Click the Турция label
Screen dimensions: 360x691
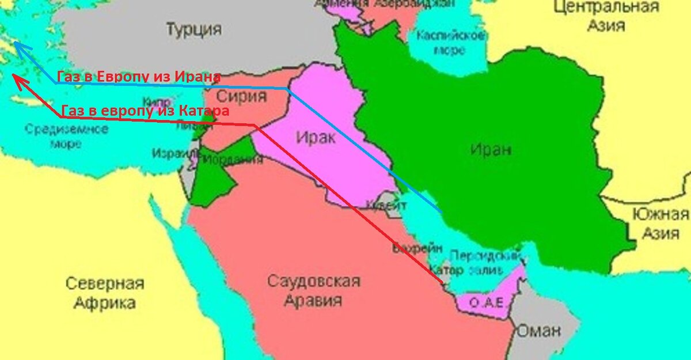coord(194,29)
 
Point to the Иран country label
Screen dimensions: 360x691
coord(490,150)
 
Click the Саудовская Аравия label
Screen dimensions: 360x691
coord(313,290)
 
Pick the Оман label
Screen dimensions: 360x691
coord(538,331)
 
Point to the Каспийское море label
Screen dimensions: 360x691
coord(450,43)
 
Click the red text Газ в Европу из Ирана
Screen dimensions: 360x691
coord(139,77)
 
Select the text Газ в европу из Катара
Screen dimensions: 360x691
coord(145,110)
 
